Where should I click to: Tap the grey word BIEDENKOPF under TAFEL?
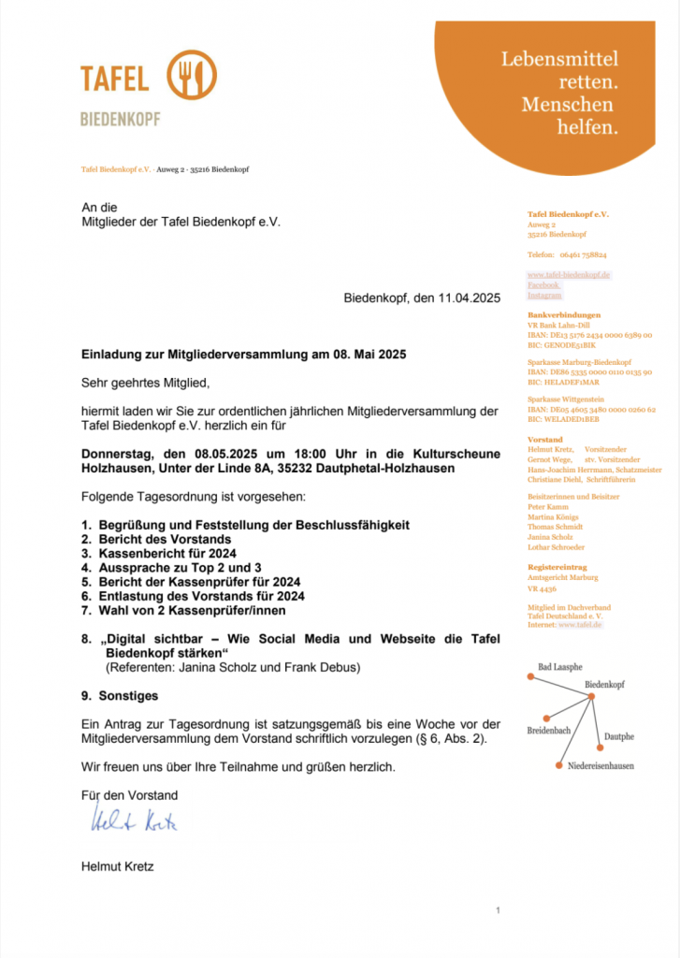pyautogui.click(x=120, y=120)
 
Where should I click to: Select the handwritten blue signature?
pyautogui.click(x=135, y=821)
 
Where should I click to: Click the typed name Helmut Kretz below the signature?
pyautogui.click(x=118, y=866)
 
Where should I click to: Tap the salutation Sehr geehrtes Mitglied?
pyautogui.click(x=146, y=383)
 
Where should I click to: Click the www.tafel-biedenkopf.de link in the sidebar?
pyautogui.click(x=569, y=274)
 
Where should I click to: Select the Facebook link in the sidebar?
pyautogui.click(x=543, y=284)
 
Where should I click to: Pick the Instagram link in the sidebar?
pyautogui.click(x=545, y=295)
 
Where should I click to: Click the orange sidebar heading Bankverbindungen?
pyautogui.click(x=564, y=315)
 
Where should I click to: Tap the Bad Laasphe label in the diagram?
pyautogui.click(x=560, y=666)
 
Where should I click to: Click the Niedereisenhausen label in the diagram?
pyautogui.click(x=600, y=765)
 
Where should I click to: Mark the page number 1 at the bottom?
pyautogui.click(x=499, y=910)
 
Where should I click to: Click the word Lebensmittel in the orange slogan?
pyautogui.click(x=559, y=59)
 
